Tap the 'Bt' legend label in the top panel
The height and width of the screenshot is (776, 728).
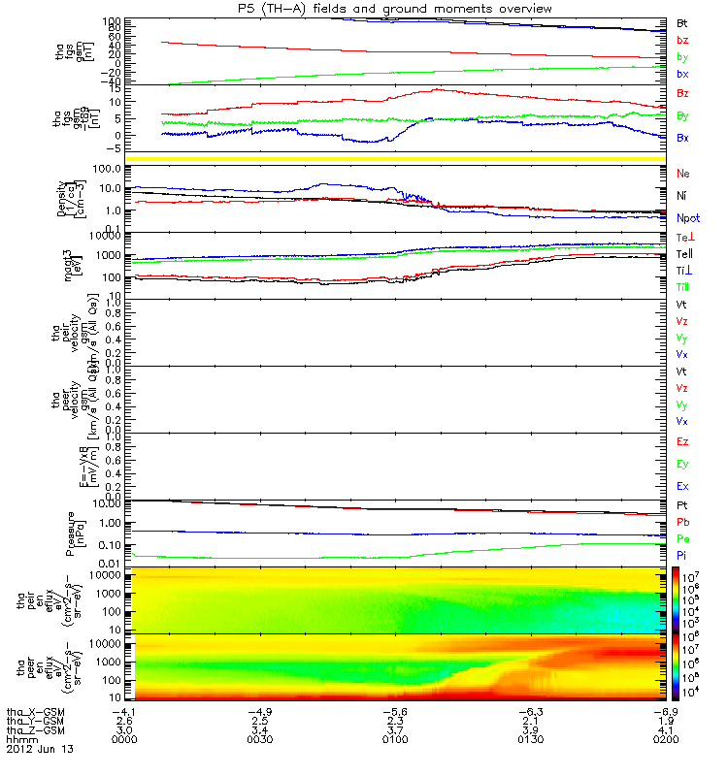[x=681, y=21]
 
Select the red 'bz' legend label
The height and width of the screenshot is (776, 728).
[x=681, y=40]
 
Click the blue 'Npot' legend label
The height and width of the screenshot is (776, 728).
[x=686, y=218]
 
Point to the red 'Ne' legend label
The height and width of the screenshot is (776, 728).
[x=683, y=173]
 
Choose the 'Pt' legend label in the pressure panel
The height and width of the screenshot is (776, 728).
[x=681, y=505]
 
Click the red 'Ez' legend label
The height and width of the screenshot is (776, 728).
[x=681, y=441]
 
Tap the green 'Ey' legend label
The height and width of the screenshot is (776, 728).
[x=681, y=464]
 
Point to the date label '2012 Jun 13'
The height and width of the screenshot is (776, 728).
[x=39, y=750]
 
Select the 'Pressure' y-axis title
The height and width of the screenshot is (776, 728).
[x=71, y=532]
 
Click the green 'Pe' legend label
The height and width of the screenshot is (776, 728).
[x=681, y=537]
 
